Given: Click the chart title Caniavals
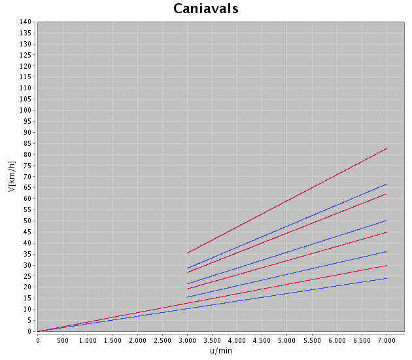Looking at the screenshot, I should (x=205, y=9).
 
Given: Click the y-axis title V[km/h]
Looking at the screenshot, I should (x=11, y=177).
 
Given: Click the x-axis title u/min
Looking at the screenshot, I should (x=220, y=350).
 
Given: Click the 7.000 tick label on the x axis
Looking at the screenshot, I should (x=386, y=340).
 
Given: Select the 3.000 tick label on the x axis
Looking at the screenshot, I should (x=187, y=340).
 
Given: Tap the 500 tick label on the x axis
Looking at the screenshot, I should (x=62, y=340).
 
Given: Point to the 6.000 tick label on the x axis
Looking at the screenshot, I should (x=337, y=340).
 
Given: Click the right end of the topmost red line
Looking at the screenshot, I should (x=387, y=149).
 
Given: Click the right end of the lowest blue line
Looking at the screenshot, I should (x=387, y=278).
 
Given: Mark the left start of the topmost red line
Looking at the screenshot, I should (x=187, y=253).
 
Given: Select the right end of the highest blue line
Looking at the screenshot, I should (x=387, y=184).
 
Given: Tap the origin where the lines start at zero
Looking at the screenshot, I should (x=38, y=331).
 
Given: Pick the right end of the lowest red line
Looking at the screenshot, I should (x=387, y=265).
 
